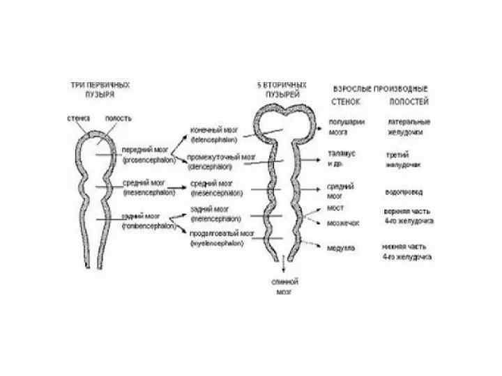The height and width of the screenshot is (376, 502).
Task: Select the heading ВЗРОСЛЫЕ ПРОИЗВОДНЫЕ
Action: pyautogui.click(x=381, y=88)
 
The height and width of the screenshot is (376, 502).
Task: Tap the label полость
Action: pyautogui.click(x=118, y=118)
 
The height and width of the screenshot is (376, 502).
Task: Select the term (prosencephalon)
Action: pyautogui.click(x=149, y=159)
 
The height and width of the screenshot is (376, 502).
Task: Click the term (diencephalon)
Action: pyautogui.click(x=214, y=167)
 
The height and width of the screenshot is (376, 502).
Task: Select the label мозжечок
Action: pyautogui.click(x=343, y=224)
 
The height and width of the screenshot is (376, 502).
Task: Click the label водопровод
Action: pyautogui.click(x=404, y=191)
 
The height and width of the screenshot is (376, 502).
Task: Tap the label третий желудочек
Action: pyautogui.click(x=402, y=159)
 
